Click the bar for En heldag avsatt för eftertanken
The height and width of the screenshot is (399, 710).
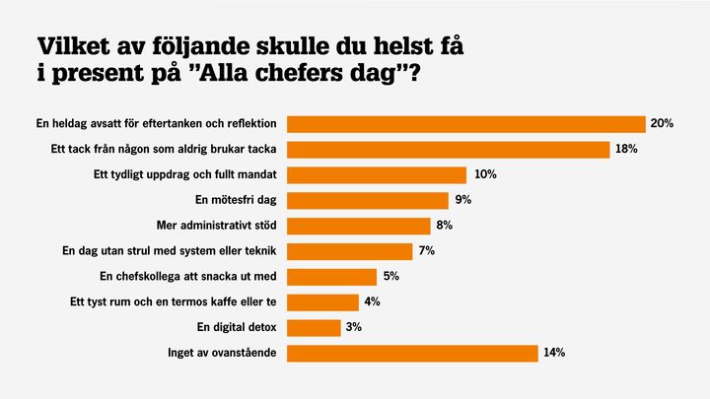(x=465, y=124)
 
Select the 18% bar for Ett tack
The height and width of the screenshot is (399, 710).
(x=448, y=150)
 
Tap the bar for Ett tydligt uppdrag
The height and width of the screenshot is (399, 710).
(x=376, y=175)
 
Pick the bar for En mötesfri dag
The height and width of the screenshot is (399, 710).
(x=367, y=201)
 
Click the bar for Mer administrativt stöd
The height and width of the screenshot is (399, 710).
(x=358, y=226)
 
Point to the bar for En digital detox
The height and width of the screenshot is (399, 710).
(x=314, y=327)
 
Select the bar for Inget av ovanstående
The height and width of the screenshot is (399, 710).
(x=412, y=353)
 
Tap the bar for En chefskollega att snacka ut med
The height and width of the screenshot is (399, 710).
(x=331, y=277)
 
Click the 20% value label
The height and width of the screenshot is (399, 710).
(x=661, y=124)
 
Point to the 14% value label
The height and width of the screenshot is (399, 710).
(x=554, y=353)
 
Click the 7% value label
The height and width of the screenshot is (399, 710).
(x=426, y=251)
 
